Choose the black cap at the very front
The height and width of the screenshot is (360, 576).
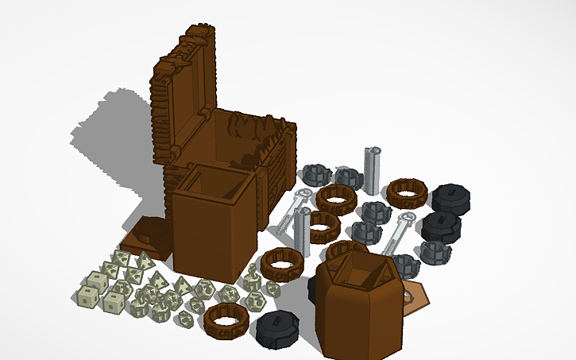[278, 329]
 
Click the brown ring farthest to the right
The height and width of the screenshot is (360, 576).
[407, 192]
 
